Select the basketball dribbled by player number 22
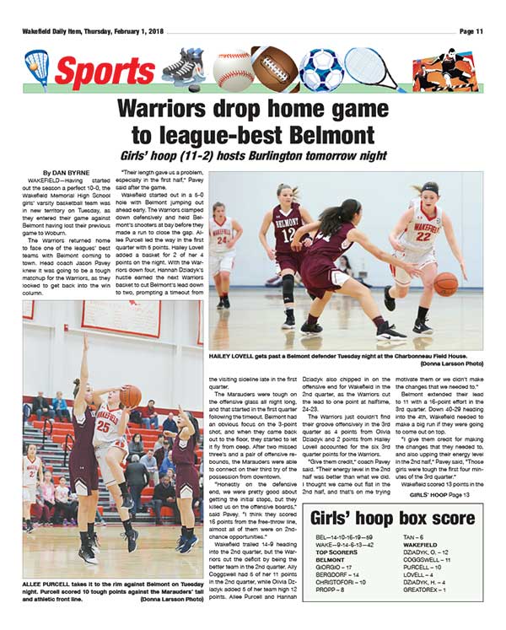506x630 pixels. (446, 283)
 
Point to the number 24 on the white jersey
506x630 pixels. (223, 240)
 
